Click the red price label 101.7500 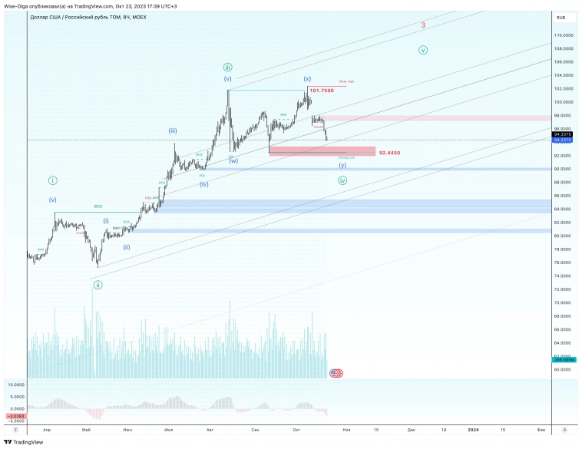coord(321,91)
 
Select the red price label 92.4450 coord(390,153)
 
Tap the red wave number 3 coord(423,25)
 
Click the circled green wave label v coord(423,50)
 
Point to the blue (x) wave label coord(307,78)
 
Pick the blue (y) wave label coord(342,165)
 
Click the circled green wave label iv coord(342,180)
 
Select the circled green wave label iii coord(228,68)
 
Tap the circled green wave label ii coord(98,285)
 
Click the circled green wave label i coord(52,180)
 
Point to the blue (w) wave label coord(233,161)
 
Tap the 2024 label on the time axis coord(475,429)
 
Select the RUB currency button coord(561,17)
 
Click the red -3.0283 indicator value coord(15,416)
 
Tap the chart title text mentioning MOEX coord(89,16)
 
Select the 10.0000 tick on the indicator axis coord(15,384)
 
